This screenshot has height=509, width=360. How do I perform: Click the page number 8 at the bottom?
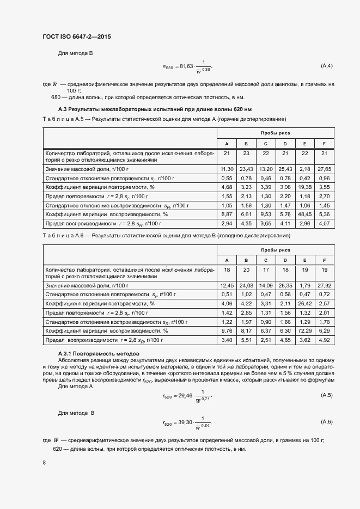tap(44, 462)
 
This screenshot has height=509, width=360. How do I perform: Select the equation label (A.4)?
tap(327, 66)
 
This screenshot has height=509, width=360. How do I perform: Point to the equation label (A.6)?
tap(327, 422)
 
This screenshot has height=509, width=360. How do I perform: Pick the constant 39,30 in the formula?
tap(186, 422)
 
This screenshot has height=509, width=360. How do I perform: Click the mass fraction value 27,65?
tap(324, 169)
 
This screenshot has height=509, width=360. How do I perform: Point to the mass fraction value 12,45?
tap(227, 285)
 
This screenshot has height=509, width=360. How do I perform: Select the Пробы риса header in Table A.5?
tap(275, 133)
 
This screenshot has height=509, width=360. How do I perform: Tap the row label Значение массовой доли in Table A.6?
tap(87, 285)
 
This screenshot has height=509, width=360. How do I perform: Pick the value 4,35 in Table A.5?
tap(246, 224)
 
